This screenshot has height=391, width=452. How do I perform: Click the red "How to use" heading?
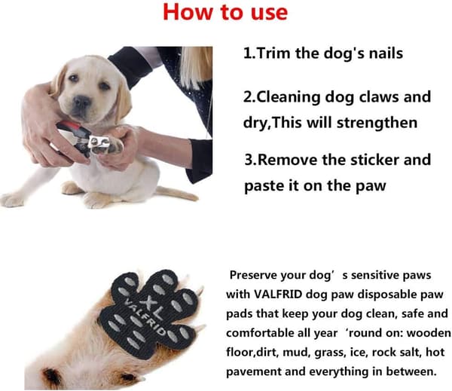(x=225, y=12)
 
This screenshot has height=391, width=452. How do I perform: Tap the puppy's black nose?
(x=81, y=102)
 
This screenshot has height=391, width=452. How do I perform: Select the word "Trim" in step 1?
(x=273, y=53)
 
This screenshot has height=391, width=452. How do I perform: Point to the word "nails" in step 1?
(x=386, y=53)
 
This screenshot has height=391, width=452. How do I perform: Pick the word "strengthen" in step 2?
(x=377, y=123)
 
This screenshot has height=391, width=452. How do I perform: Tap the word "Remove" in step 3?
(x=288, y=160)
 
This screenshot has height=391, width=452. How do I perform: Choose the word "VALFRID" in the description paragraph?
(x=278, y=295)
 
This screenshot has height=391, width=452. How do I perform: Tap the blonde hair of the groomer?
(x=195, y=66)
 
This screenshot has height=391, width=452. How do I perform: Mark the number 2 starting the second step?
(x=247, y=97)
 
